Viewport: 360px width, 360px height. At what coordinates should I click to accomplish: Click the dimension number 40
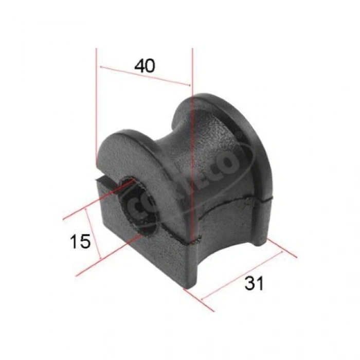[145, 65]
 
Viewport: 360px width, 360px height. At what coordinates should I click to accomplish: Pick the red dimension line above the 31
[242, 275]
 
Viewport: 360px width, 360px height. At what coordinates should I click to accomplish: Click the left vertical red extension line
[96, 103]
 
